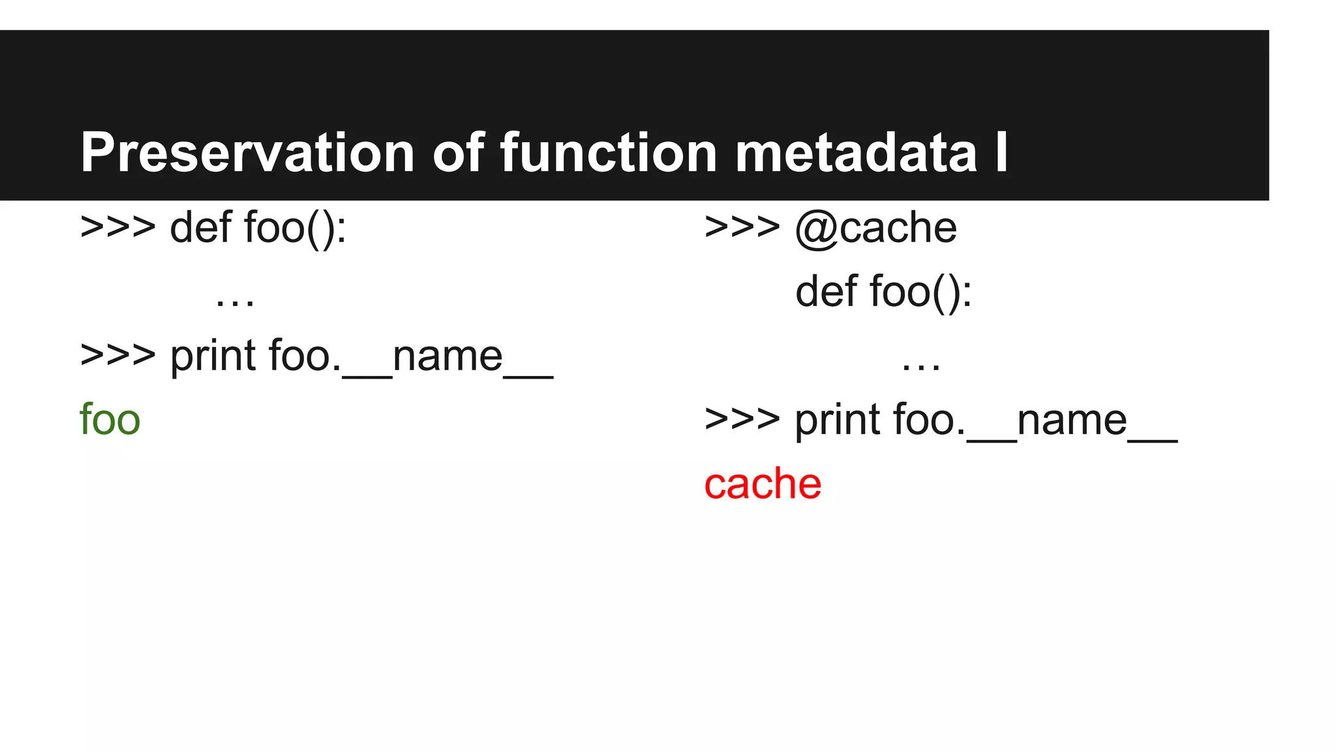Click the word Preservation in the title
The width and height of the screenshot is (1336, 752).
pyautogui.click(x=247, y=153)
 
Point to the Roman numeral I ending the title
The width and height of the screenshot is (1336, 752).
pyautogui.click(x=1001, y=153)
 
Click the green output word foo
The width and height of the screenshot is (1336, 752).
pyautogui.click(x=110, y=420)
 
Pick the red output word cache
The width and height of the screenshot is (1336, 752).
pyautogui.click(x=763, y=484)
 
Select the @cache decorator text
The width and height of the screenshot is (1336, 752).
pyautogui.click(x=875, y=228)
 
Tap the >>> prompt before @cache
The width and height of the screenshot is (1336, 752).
pyautogui.click(x=742, y=228)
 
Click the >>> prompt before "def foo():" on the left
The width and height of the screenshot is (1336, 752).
pyautogui.click(x=117, y=228)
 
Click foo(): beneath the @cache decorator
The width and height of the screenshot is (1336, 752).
pyautogui.click(x=920, y=291)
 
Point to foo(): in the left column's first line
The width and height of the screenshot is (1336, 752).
pyautogui.click(x=295, y=228)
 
